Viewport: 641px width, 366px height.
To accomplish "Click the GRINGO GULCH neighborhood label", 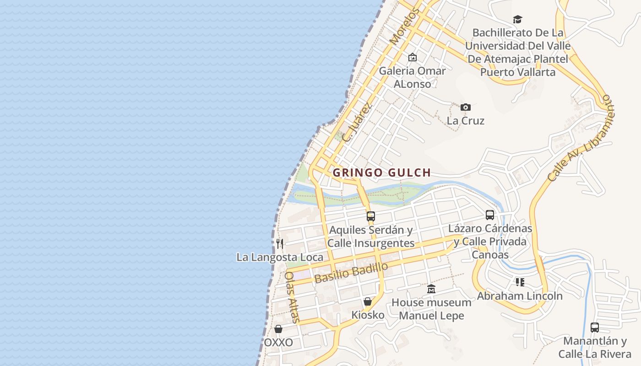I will pos(382,173).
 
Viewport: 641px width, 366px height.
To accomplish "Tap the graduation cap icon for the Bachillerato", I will pos(517,19).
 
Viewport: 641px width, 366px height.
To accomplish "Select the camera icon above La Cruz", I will pos(465,108).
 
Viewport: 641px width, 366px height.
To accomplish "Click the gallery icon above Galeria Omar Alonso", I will pos(412,58).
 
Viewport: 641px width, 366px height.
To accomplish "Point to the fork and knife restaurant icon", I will pos(279,244).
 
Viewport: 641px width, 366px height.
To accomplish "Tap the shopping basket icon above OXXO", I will pos(278,329).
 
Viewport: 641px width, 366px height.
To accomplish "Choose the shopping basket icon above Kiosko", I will pos(367,302).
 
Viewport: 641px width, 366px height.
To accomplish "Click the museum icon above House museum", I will pos(431,289).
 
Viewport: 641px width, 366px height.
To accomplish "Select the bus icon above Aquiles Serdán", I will pos(370,216).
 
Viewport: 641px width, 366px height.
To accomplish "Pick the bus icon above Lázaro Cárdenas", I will pos(489,215).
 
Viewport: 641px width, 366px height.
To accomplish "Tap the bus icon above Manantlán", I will pos(594,328).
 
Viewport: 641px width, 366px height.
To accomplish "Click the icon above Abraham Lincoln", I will pos(520,282).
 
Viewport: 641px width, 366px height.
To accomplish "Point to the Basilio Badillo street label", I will pos(351,273).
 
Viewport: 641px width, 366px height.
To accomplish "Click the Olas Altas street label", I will pos(292,297).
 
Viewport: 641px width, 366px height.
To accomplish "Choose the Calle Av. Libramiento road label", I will pos(581,138).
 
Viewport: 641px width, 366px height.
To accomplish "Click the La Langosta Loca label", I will pos(280,257).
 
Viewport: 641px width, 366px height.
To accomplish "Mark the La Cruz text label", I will pos(465,121).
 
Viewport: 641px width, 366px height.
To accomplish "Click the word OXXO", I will pos(278,343).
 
